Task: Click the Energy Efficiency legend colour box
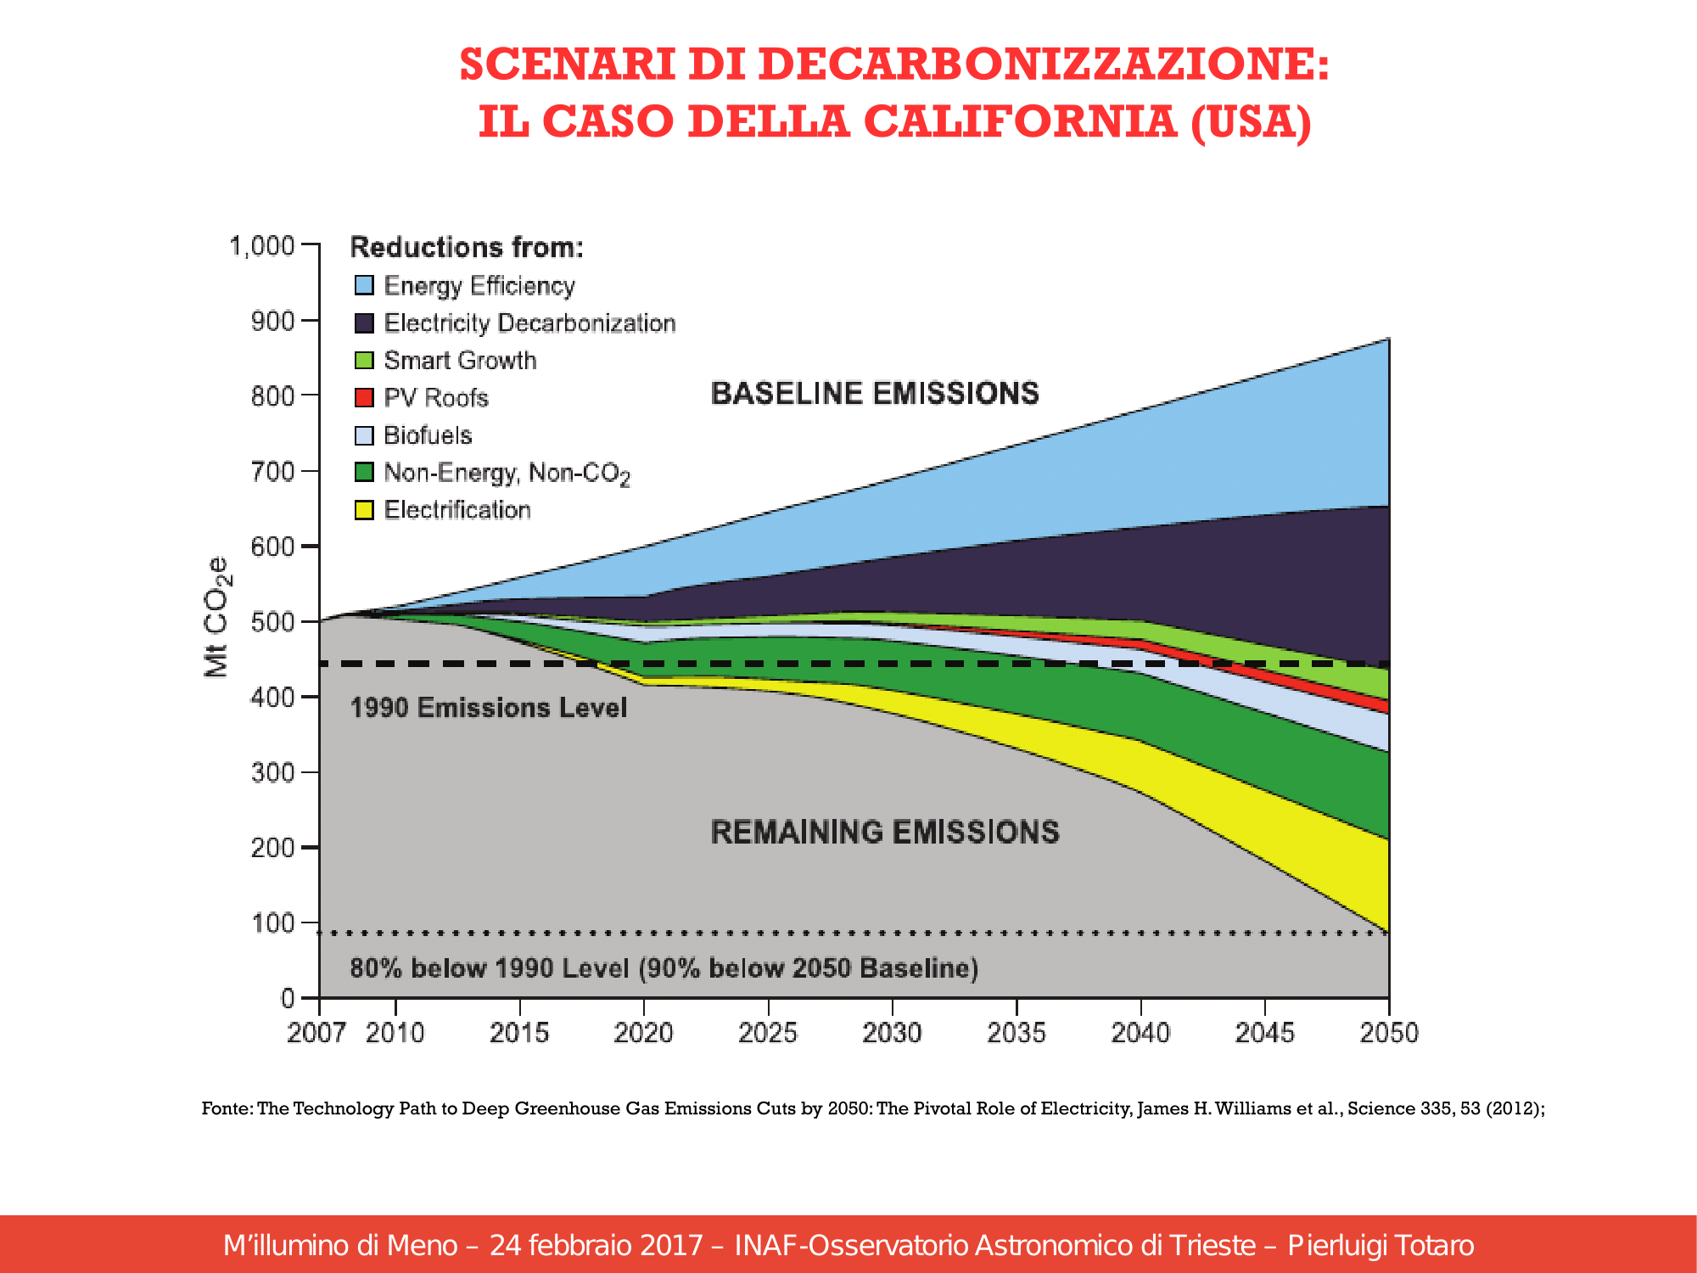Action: pyautogui.click(x=364, y=285)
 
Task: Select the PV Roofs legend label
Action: pyautogui.click(x=436, y=397)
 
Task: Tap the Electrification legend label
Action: pyautogui.click(x=457, y=509)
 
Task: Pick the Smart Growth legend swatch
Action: pyautogui.click(x=364, y=360)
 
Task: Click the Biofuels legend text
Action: pyautogui.click(x=428, y=435)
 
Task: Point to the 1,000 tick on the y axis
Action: pyautogui.click(x=262, y=246)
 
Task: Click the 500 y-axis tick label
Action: pyautogui.click(x=272, y=622)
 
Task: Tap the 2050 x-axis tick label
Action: pyautogui.click(x=1389, y=1033)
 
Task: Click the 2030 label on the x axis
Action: pyautogui.click(x=892, y=1033)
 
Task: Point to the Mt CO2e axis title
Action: pyautogui.click(x=217, y=617)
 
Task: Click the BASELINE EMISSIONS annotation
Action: pyautogui.click(x=875, y=393)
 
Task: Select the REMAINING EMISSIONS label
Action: pyautogui.click(x=885, y=832)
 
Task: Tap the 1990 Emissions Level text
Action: pyautogui.click(x=489, y=707)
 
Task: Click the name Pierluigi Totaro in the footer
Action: pyautogui.click(x=1381, y=1245)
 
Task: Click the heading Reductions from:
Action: pyautogui.click(x=467, y=247)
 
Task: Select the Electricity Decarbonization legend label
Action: pyautogui.click(x=529, y=322)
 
